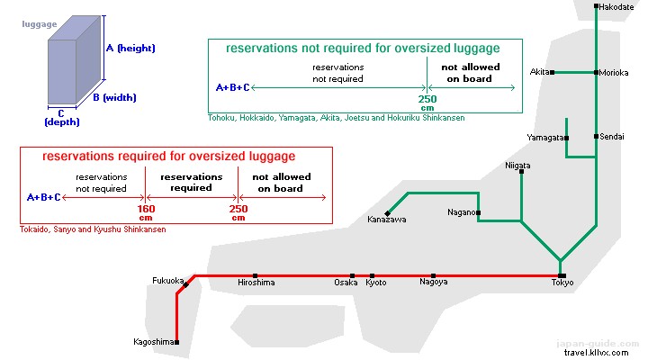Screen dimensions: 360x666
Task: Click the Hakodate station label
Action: point(617,7)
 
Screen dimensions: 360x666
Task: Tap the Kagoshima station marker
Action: point(177,342)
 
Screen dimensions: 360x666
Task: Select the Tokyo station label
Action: point(562,283)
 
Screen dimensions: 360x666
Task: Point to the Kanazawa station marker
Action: point(387,213)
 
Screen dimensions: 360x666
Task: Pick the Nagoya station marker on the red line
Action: point(433,275)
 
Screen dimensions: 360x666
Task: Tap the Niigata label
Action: point(517,166)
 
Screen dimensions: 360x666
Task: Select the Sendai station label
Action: point(612,137)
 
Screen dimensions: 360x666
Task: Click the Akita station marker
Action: point(552,72)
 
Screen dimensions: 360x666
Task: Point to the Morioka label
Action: point(615,72)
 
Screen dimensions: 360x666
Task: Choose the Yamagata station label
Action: point(545,138)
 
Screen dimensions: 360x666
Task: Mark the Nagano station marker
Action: point(479,213)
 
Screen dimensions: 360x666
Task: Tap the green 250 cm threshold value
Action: point(427,98)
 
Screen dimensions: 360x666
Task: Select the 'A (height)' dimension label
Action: point(131,48)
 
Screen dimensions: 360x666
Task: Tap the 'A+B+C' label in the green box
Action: point(233,87)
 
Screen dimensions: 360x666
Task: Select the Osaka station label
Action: point(346,283)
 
